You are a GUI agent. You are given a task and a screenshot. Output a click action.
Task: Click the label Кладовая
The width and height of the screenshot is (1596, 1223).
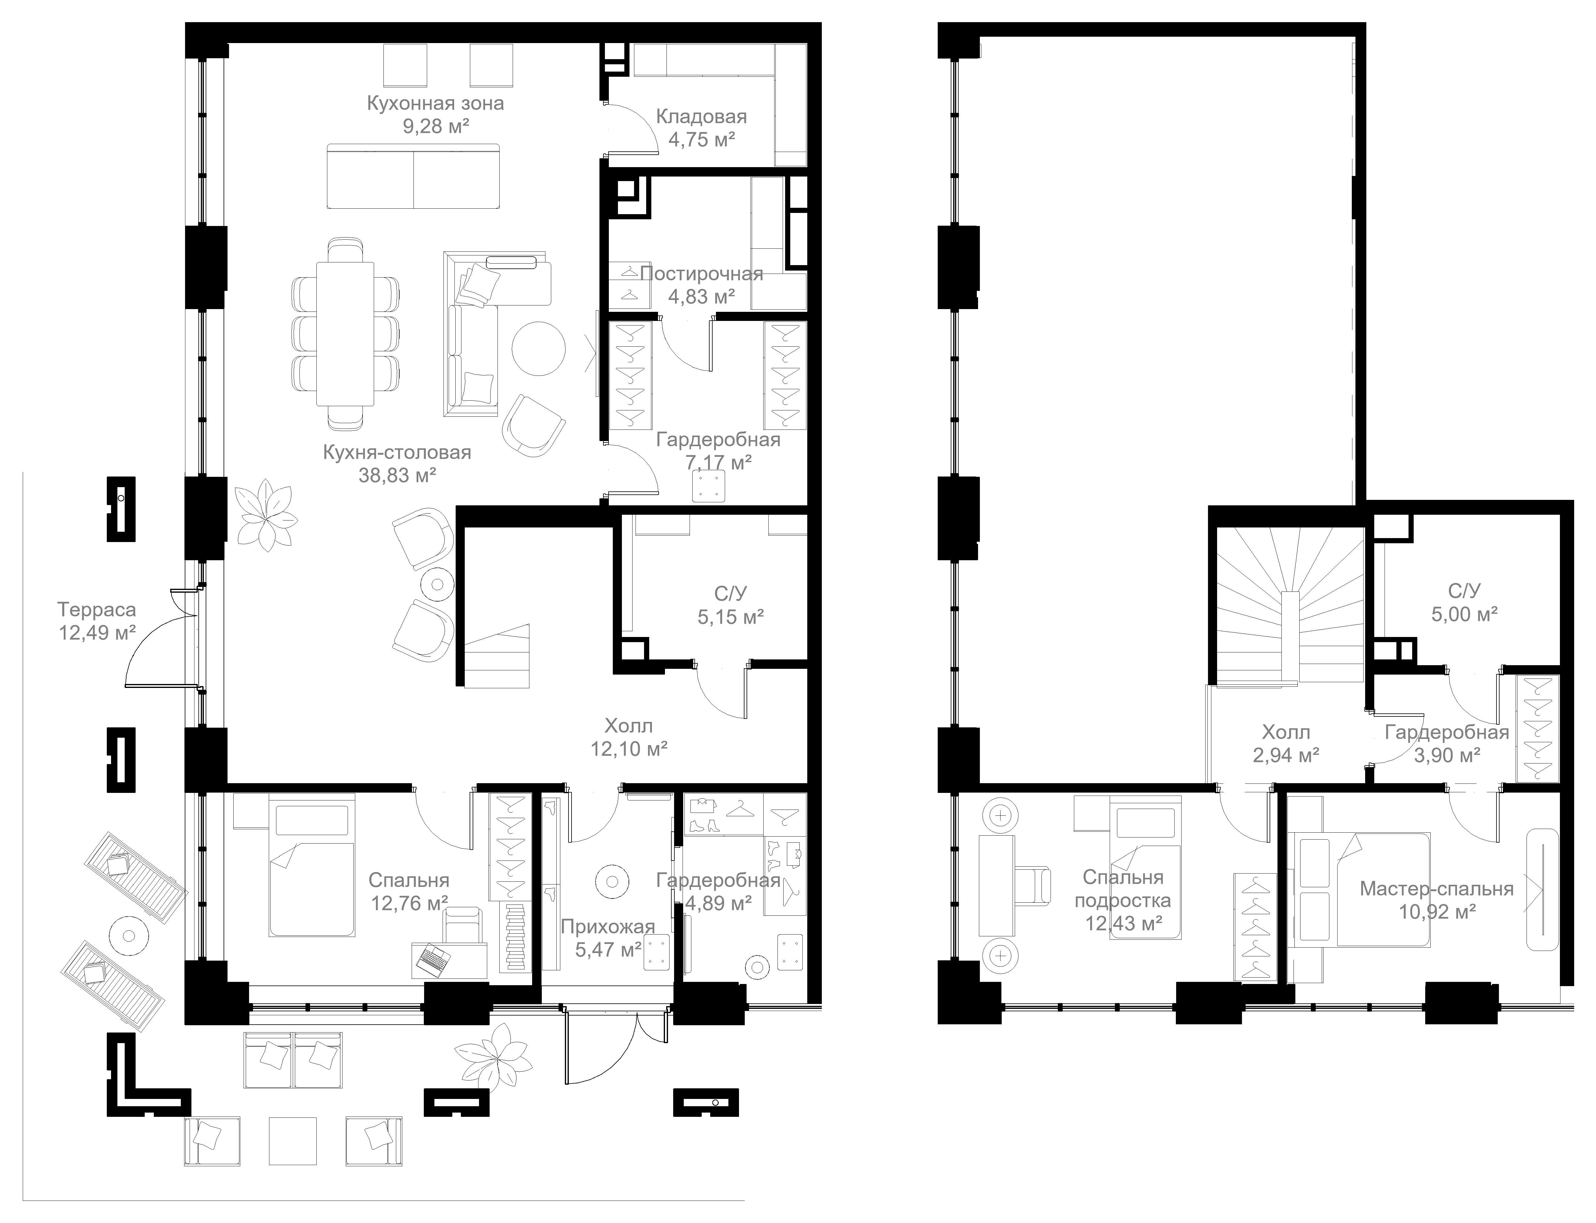pos(701,116)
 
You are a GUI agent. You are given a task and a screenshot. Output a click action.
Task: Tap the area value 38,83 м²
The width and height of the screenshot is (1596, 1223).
pos(397,475)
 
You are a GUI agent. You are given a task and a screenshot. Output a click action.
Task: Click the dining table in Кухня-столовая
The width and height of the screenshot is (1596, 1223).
pos(345,333)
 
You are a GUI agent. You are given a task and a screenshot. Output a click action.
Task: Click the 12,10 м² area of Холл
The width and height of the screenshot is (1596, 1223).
pos(629,748)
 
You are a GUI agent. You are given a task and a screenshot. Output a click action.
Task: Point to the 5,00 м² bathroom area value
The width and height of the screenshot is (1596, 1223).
pos(1464,614)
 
